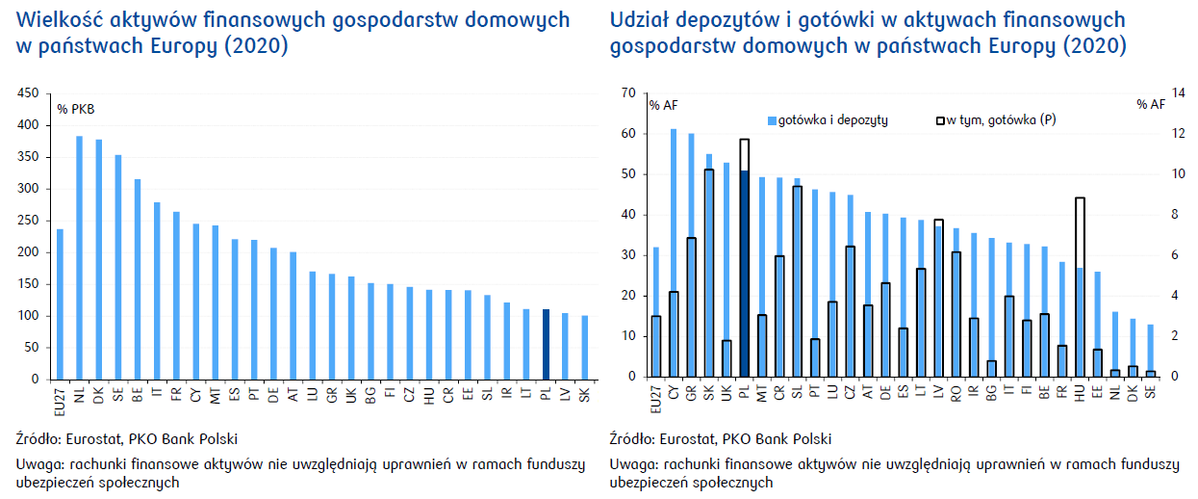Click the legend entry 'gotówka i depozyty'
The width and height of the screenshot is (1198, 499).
click(x=827, y=119)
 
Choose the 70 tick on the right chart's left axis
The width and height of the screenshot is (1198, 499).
click(x=628, y=93)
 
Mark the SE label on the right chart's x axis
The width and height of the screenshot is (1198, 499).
click(x=1150, y=393)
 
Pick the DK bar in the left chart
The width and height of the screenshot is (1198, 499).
click(x=98, y=260)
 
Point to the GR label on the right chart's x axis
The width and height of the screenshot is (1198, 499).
click(x=692, y=393)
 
